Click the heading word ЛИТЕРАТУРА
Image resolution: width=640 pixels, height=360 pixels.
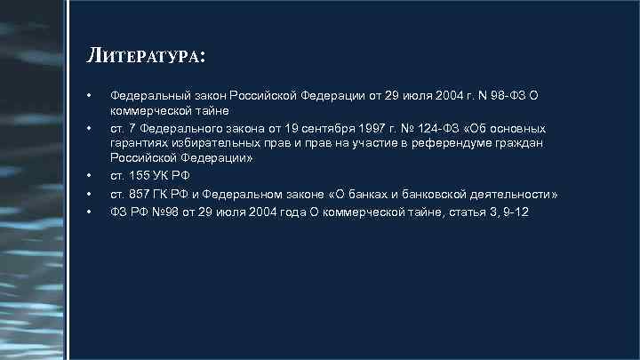148,57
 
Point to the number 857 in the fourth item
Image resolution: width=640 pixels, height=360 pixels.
138,193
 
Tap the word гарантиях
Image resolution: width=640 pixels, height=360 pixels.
140,143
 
